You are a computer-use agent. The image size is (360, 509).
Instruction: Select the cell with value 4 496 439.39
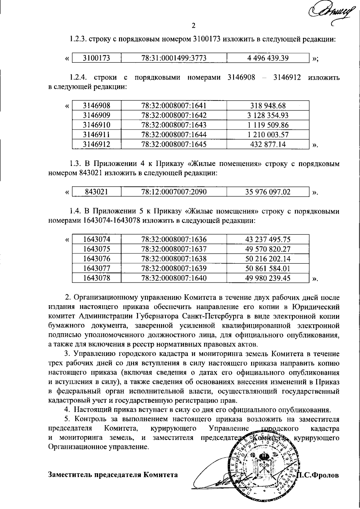click(268, 58)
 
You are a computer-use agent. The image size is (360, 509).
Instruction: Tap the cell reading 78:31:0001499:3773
click(174, 58)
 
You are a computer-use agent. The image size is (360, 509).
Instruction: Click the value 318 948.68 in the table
click(268, 106)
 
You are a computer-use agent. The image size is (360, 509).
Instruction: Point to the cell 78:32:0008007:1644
click(174, 135)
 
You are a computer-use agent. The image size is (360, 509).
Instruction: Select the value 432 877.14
click(268, 144)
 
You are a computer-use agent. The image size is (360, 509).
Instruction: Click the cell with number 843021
click(96, 192)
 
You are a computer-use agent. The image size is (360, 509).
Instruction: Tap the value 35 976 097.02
click(268, 192)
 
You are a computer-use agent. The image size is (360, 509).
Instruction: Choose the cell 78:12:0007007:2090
click(174, 192)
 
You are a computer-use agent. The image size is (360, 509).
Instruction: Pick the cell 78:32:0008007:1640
click(174, 278)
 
